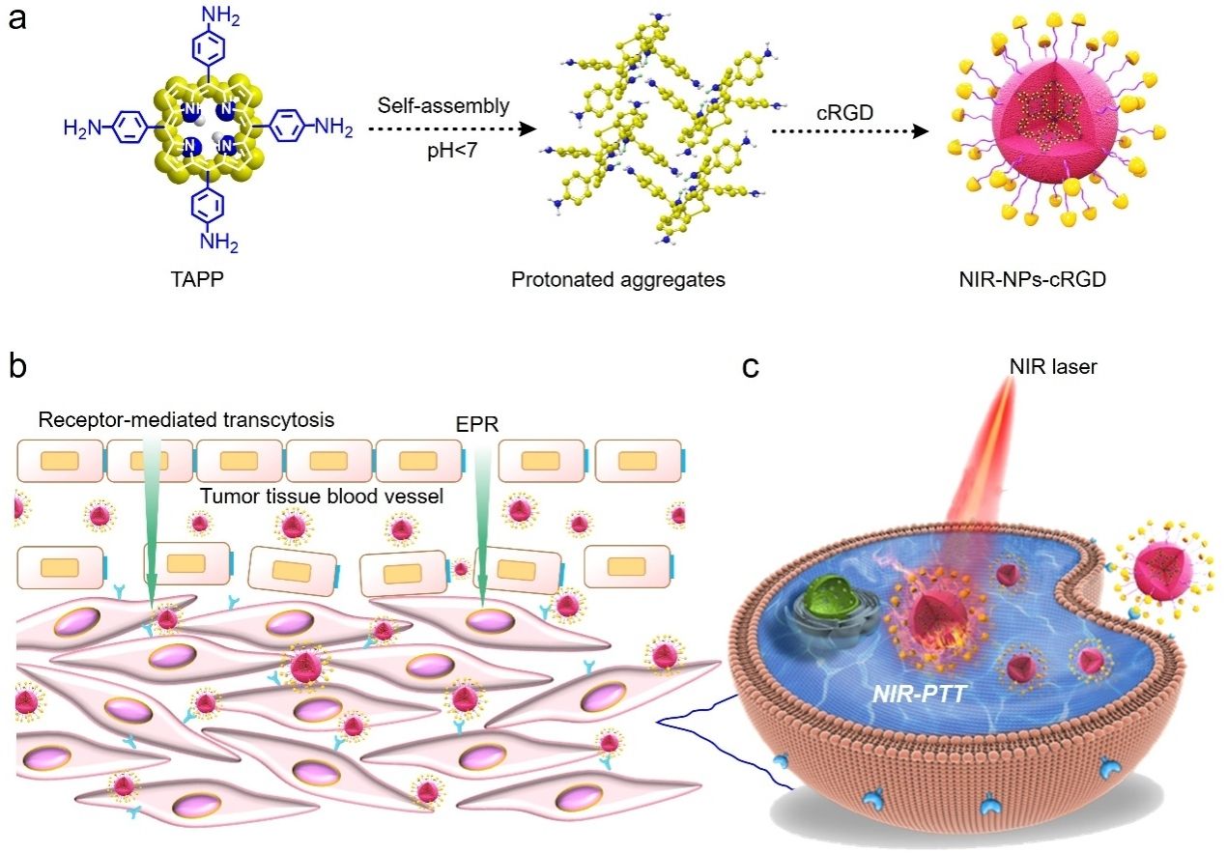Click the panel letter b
(x=17, y=367)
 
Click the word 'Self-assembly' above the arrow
(x=443, y=103)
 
